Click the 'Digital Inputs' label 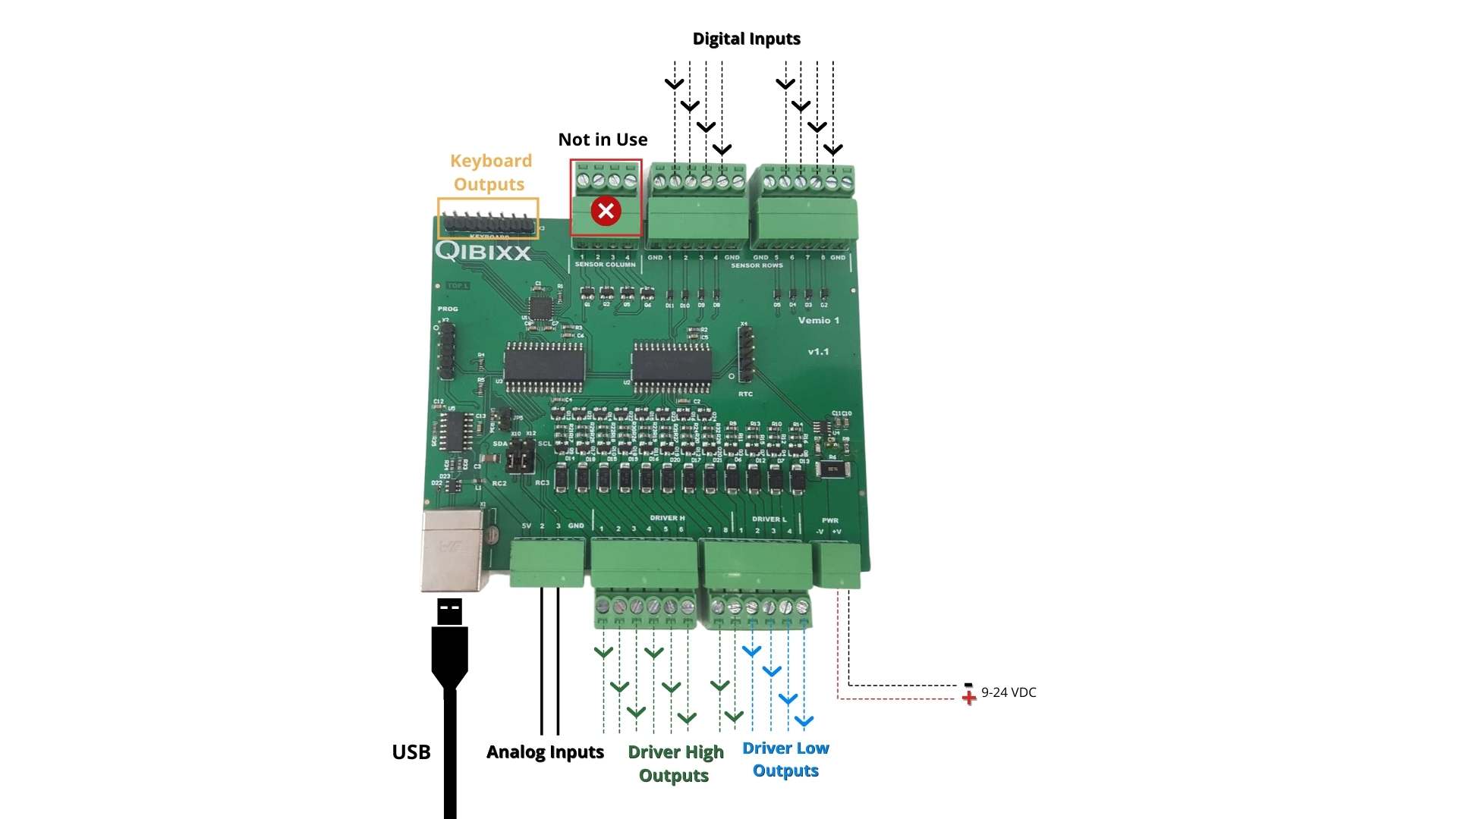coord(746,39)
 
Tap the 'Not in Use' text coord(603,140)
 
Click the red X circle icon coord(606,211)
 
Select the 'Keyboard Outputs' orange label coord(490,172)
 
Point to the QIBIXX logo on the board coord(483,251)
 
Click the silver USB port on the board coord(453,550)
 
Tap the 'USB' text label coord(411,752)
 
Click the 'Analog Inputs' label coord(545,752)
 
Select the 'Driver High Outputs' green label coord(675,763)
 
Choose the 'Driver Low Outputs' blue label coord(785,759)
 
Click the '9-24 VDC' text coord(1009,692)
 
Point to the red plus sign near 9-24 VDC coord(969,698)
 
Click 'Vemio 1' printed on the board coord(818,320)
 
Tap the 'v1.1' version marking coord(818,352)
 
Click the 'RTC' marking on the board coord(745,394)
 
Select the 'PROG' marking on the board coord(448,309)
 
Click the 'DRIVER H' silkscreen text coord(667,518)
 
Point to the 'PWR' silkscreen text coord(829,520)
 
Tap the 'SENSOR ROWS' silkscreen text coord(757,265)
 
